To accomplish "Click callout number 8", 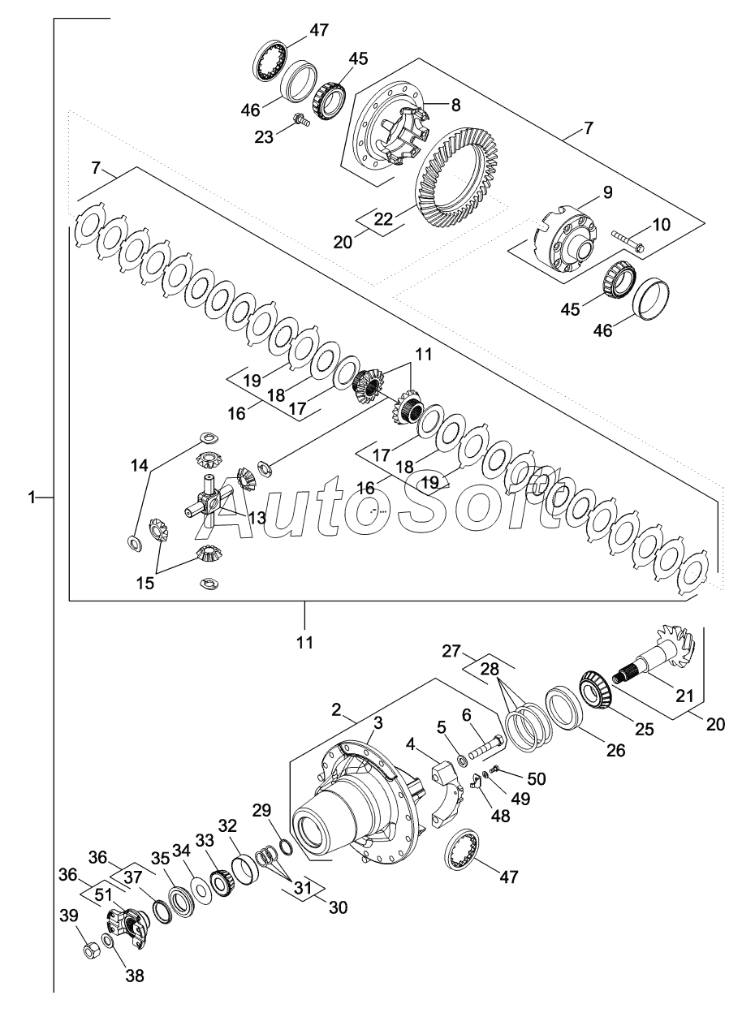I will (x=455, y=104).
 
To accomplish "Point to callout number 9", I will (x=607, y=193).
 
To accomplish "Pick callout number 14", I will (x=140, y=466).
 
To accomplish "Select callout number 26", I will (x=616, y=751).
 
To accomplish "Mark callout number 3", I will (x=377, y=722).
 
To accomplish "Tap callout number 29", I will (x=261, y=810).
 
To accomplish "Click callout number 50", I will (x=536, y=778).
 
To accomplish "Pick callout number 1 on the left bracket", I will (x=32, y=497).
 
